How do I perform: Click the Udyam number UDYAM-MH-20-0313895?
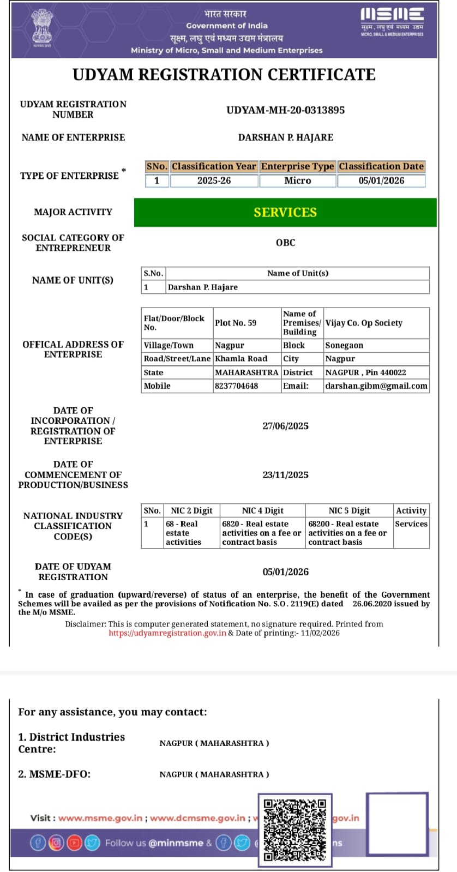(285, 110)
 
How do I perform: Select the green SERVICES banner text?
(285, 212)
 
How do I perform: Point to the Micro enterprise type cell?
(297, 181)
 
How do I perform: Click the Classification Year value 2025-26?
(214, 181)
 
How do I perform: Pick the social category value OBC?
(285, 243)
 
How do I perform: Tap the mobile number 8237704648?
(236, 386)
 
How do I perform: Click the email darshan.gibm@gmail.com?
(376, 386)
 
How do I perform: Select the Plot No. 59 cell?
(236, 323)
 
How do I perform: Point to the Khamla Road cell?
(241, 359)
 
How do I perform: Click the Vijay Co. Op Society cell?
(364, 323)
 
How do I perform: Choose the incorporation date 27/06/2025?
(285, 426)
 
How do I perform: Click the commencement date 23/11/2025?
(285, 475)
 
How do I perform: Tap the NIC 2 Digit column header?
(191, 510)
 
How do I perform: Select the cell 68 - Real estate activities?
(183, 533)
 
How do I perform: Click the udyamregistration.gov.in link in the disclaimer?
(167, 633)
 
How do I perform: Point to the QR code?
(294, 829)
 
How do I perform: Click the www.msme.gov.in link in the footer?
(100, 818)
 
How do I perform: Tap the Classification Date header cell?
(381, 166)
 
